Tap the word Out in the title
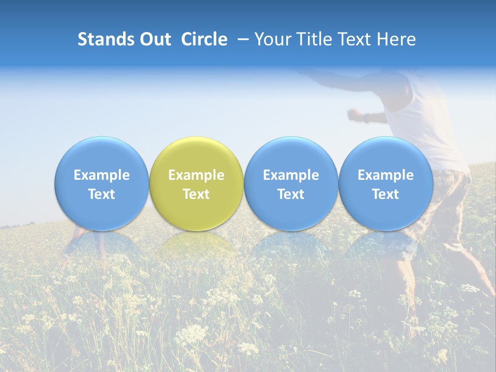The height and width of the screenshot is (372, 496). [x=154, y=39]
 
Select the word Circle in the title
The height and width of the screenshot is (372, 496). [x=204, y=39]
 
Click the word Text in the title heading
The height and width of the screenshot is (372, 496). [x=354, y=39]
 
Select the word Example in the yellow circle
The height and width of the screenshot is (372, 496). [x=196, y=175]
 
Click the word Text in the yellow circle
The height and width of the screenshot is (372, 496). [x=196, y=194]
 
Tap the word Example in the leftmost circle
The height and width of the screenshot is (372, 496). [x=102, y=175]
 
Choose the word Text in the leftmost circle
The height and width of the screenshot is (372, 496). [x=102, y=194]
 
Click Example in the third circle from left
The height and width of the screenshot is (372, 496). [x=291, y=175]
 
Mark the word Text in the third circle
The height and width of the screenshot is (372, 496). [x=291, y=194]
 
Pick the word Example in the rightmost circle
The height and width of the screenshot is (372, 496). [x=385, y=175]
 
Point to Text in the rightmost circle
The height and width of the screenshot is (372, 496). [x=385, y=194]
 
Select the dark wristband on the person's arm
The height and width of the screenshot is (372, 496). [x=367, y=118]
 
